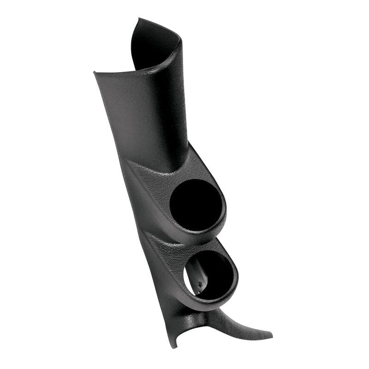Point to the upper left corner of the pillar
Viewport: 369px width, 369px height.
coord(94,72)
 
